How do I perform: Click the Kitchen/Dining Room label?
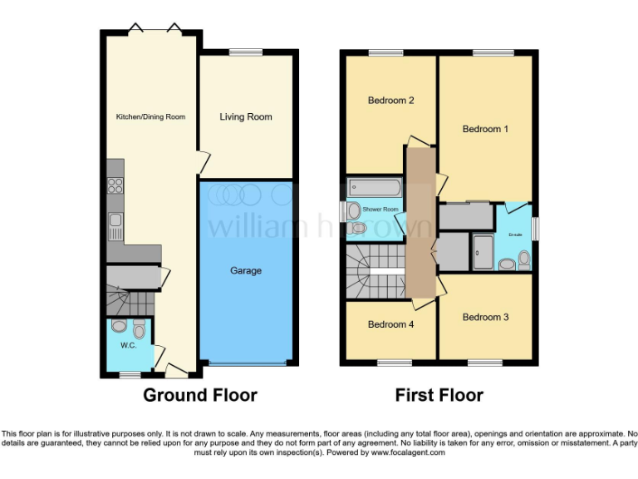tap(150, 116)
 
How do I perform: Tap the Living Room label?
tap(246, 116)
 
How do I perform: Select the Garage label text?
tap(246, 270)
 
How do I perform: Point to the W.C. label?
tap(128, 345)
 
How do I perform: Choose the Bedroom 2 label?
tap(390, 101)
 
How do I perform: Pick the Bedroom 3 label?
tap(485, 317)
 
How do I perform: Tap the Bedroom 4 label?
tap(390, 324)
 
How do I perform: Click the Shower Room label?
tap(380, 209)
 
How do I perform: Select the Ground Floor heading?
tap(200, 395)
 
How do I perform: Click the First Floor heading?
tap(439, 395)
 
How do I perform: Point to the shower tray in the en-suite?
tap(483, 251)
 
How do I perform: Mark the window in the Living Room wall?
tap(245, 53)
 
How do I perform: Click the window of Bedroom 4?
tap(395, 363)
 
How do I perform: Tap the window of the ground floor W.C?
tap(129, 375)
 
